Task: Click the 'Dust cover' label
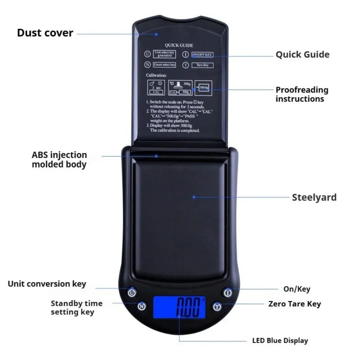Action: click(x=45, y=33)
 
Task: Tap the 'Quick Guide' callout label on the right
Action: click(x=302, y=55)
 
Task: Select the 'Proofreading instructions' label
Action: click(x=302, y=94)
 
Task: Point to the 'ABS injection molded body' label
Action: click(x=59, y=160)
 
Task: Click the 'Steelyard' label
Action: click(x=314, y=197)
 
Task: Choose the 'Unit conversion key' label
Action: click(x=47, y=284)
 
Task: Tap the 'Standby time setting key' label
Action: click(x=76, y=308)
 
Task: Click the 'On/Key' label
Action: click(x=296, y=289)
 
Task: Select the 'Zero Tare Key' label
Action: click(x=294, y=304)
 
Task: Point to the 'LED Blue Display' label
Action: click(x=280, y=340)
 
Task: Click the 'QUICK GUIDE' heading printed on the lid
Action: click(x=179, y=45)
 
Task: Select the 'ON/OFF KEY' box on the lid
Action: click(x=202, y=55)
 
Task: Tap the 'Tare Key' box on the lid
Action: click(x=202, y=65)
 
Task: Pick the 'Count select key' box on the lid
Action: click(x=164, y=65)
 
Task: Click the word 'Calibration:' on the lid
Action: click(x=156, y=76)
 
